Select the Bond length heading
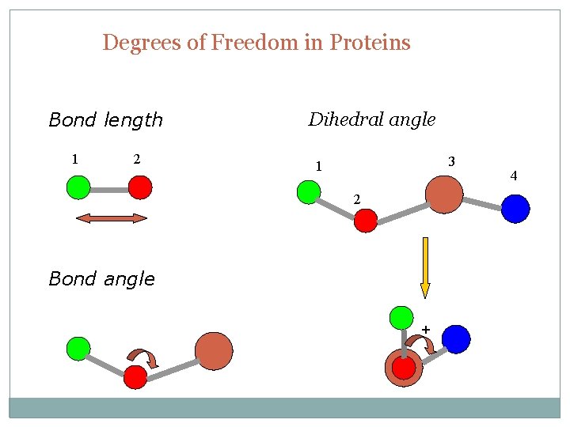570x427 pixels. pos(105,120)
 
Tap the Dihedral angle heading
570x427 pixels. pos(371,119)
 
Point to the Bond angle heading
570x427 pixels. pos(101,278)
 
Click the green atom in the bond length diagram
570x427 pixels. pos(78,187)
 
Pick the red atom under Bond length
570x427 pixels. pos(140,187)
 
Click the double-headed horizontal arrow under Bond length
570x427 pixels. pos(111,218)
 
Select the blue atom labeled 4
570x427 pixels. pos(515,209)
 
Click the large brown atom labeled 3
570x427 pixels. pos(444,195)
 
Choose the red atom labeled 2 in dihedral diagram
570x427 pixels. pos(365,221)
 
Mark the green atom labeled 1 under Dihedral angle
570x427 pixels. pos(308,192)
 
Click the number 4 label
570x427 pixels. pos(514,176)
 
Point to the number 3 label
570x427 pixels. pos(451,161)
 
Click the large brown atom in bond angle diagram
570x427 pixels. pos(214,351)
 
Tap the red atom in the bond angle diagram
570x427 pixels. pos(135,377)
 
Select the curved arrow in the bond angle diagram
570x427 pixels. pos(144,358)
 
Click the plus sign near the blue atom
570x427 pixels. pos(425,328)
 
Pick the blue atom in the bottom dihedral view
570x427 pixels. pos(456,339)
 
